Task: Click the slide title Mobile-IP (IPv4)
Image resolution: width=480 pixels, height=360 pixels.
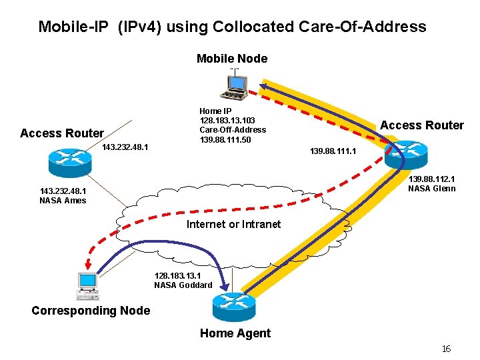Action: pyautogui.click(x=232, y=27)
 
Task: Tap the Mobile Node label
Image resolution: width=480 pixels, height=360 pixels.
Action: pyautogui.click(x=232, y=59)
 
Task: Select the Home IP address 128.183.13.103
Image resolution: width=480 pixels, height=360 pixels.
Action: pyautogui.click(x=227, y=120)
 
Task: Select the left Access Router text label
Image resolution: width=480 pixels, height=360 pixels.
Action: pyautogui.click(x=62, y=133)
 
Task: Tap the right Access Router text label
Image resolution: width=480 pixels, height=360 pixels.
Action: pyautogui.click(x=421, y=125)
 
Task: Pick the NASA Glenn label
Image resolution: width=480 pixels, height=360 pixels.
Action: pyautogui.click(x=432, y=188)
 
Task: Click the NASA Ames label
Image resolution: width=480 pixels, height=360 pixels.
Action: pyautogui.click(x=63, y=200)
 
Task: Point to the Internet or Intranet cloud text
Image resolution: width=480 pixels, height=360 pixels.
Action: pyautogui.click(x=233, y=224)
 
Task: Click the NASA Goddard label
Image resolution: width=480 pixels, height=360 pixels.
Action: pyautogui.click(x=183, y=285)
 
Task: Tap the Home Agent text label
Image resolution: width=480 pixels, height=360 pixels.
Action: pyautogui.click(x=235, y=333)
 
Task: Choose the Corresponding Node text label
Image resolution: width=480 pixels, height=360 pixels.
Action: pyautogui.click(x=91, y=311)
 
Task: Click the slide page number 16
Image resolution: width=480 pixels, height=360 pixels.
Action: pyautogui.click(x=446, y=349)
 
